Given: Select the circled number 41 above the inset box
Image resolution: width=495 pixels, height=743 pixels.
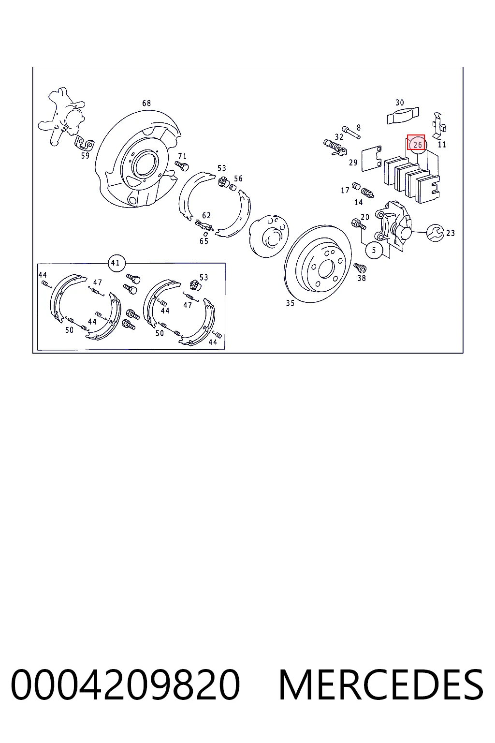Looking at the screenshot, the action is point(116,263).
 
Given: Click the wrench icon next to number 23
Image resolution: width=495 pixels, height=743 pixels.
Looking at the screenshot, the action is point(435,233).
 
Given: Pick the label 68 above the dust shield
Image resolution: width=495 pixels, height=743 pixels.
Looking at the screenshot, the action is point(146,103).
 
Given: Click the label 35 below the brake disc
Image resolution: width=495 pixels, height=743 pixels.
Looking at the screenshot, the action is point(290,303).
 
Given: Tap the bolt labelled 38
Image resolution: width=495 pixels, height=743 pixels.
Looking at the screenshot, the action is point(360,267).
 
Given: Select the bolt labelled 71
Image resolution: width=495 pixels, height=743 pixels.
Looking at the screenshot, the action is point(182,165).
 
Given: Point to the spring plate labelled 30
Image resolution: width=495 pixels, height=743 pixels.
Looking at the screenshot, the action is point(403,115).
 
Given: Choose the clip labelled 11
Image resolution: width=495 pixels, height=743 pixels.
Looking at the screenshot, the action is point(439,125).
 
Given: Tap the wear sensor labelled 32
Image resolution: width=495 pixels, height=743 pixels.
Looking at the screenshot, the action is point(335,147).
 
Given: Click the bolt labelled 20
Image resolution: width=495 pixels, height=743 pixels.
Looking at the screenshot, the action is point(359,224).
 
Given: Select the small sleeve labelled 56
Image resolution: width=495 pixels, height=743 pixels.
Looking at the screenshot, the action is point(233,188).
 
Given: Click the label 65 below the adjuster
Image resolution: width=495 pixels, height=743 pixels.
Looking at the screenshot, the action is point(204,241).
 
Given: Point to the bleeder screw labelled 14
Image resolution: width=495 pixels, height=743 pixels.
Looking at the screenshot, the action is point(367,193).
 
